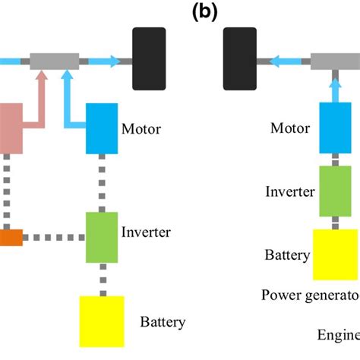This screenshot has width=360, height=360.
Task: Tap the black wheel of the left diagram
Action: [149, 59]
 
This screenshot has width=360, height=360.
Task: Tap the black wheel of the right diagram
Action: [240, 59]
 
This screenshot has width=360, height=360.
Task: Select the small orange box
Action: [11, 238]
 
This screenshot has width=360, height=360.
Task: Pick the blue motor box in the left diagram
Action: [101, 128]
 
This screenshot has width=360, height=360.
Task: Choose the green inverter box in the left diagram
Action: [101, 238]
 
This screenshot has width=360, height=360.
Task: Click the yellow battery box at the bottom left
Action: [101, 321]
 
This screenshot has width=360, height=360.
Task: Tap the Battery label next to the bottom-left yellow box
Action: [163, 322]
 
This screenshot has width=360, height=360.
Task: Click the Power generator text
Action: [310, 295]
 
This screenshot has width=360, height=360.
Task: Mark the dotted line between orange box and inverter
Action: [53, 238]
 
